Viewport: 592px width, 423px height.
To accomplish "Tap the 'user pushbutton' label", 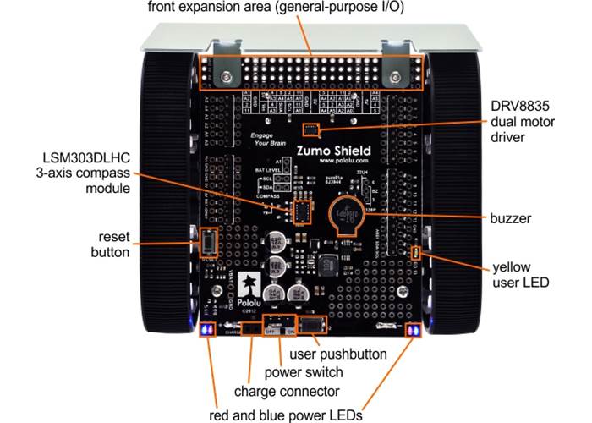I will point(338,353).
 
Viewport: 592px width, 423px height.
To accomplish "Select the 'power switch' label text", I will point(304,372).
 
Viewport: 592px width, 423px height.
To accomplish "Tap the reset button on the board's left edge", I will point(206,244).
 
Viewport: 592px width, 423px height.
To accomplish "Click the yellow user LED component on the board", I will point(415,254).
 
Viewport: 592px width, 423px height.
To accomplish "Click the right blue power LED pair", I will point(414,330).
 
